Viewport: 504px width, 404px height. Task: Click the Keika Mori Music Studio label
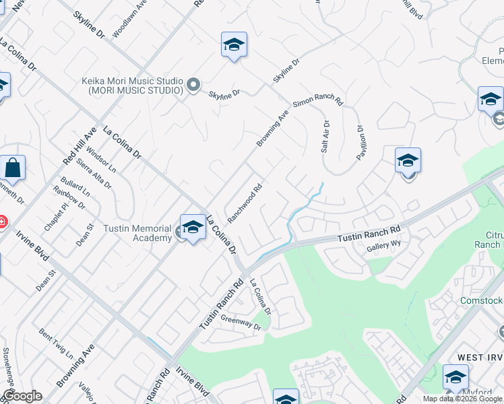[x=133, y=85]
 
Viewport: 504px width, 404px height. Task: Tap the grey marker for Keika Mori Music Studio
[x=193, y=85]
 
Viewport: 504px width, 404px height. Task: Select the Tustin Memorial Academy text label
[x=137, y=233]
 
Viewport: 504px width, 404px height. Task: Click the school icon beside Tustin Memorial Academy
[x=193, y=228]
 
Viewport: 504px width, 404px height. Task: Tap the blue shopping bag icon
[x=13, y=167]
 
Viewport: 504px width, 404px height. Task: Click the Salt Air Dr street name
[x=325, y=137]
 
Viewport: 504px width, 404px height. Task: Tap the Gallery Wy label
[x=384, y=248]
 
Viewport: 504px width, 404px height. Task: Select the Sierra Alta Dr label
[x=94, y=173]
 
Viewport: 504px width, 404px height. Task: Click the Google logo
[x=22, y=396]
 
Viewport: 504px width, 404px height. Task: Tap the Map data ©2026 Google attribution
[x=463, y=399]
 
